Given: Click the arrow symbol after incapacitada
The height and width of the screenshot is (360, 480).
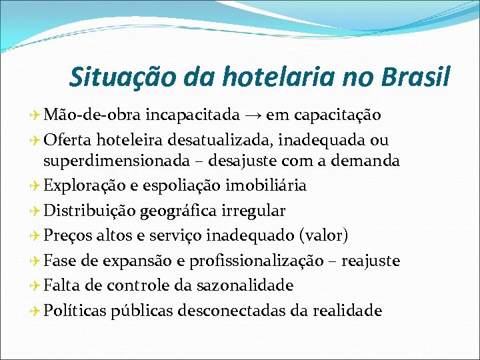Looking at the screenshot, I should tap(253, 115).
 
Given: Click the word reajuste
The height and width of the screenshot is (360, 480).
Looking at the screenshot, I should tap(371, 261).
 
